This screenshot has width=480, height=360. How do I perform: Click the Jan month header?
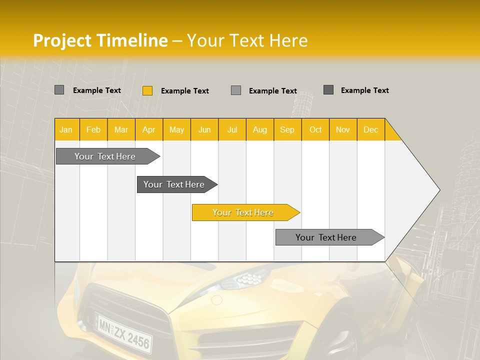tap(66, 129)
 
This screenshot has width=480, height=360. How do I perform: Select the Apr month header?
tap(149, 129)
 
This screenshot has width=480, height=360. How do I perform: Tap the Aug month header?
tap(260, 129)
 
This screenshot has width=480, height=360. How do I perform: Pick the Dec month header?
tap(371, 129)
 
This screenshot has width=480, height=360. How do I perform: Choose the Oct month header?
tap(315, 129)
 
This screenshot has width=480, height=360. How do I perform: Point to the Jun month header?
tap(204, 129)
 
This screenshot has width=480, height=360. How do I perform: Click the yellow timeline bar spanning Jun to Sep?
tap(243, 212)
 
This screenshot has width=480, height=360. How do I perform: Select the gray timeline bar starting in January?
tap(105, 156)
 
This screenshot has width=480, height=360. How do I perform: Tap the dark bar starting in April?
tap(174, 184)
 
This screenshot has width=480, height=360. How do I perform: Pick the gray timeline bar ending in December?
tap(326, 237)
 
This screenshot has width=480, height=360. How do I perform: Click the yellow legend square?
tap(147, 90)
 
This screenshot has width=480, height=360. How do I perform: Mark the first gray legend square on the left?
tap(59, 90)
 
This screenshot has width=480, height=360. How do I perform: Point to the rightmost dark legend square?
tap(328, 90)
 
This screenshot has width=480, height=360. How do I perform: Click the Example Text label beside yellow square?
tap(185, 90)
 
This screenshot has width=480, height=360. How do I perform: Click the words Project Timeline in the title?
tap(100, 40)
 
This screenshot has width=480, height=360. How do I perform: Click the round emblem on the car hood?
tap(216, 300)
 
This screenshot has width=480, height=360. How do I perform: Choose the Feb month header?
tap(93, 129)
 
